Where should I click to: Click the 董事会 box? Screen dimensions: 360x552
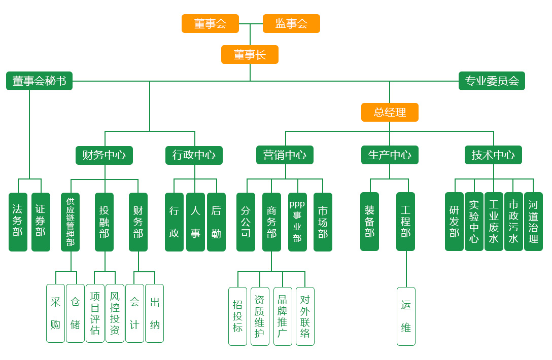coord(210,23)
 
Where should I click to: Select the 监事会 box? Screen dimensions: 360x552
coord(291,23)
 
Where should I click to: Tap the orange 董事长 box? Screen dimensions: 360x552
coord(250,54)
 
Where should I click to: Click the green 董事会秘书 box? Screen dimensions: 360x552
coord(39,81)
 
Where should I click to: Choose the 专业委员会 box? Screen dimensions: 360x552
coord(492,81)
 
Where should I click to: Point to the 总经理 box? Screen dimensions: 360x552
coord(390,112)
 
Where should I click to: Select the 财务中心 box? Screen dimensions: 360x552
coord(104,155)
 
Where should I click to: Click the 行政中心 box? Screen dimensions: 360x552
coord(194,155)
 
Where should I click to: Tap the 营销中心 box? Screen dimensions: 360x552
coord(285,155)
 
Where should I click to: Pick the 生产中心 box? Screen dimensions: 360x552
coord(390,155)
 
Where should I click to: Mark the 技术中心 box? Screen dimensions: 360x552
coord(493,155)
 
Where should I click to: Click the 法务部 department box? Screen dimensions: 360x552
coord(18,222)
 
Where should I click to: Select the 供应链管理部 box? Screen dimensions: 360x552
coord(70,222)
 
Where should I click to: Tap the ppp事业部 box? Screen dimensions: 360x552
coord(297,222)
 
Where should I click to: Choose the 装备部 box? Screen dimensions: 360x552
coord(369,222)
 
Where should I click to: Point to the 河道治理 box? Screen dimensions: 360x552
coord(533,222)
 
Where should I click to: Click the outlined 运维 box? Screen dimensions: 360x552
coord(406,316)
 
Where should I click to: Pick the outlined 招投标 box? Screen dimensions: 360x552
coord(237,316)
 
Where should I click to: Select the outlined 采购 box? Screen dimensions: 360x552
coord(55,313)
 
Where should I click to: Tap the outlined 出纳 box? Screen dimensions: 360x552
coord(155,313)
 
